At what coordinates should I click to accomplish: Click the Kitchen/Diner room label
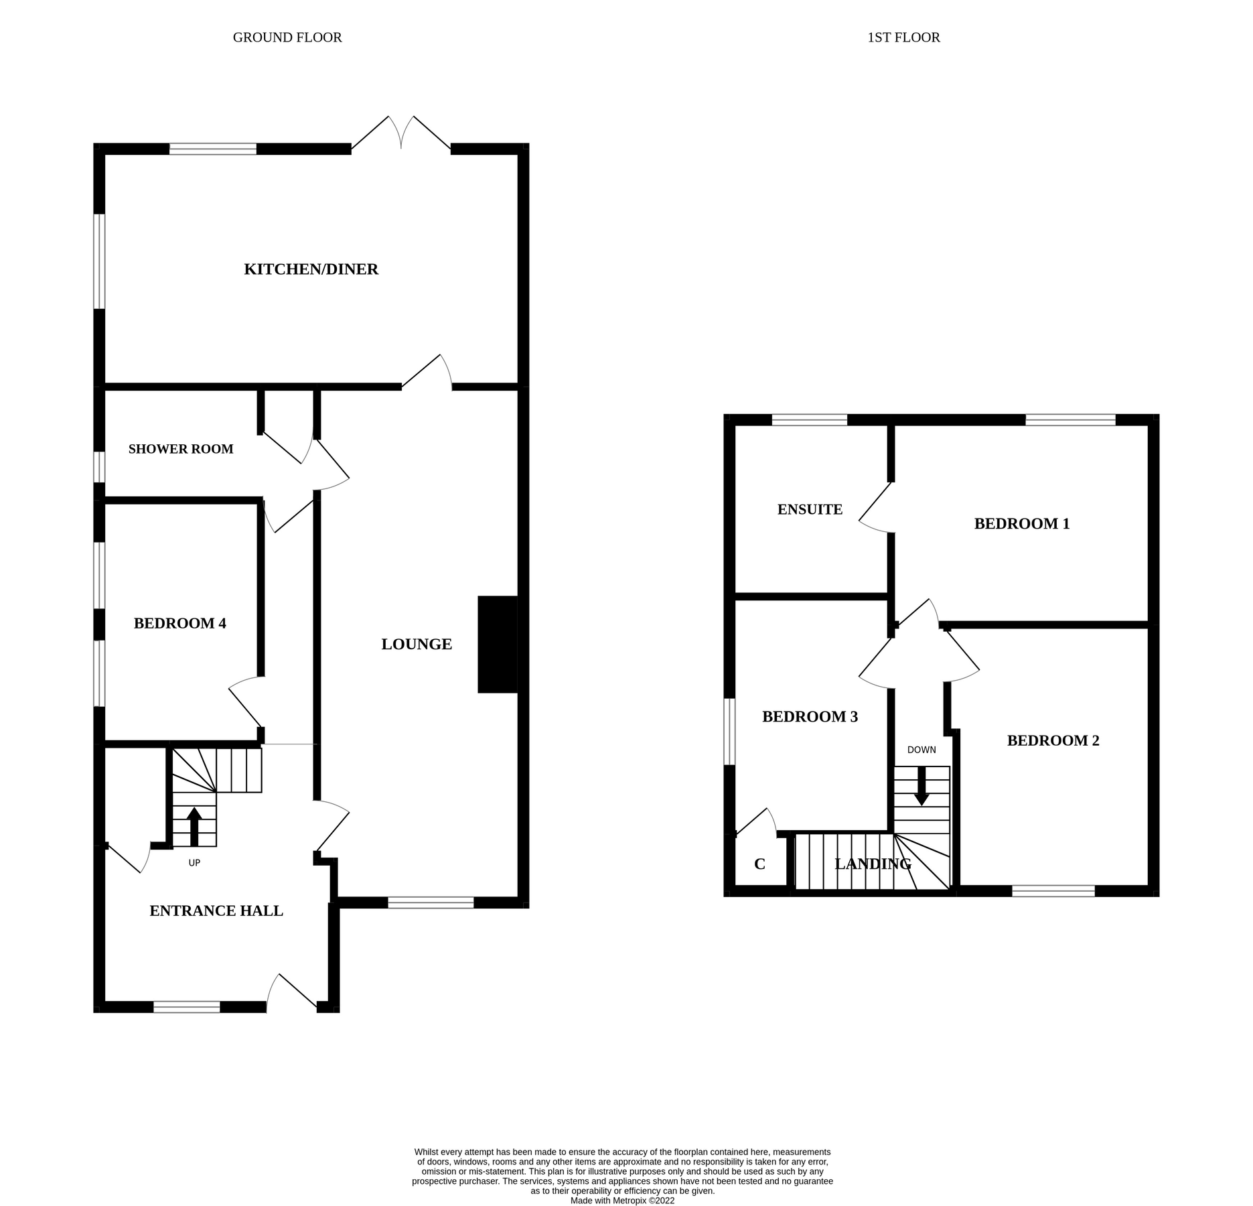(311, 269)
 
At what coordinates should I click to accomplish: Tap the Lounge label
(417, 645)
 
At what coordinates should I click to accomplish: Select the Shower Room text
(181, 449)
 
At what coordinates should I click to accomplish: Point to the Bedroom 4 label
(179, 624)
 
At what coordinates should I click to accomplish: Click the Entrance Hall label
(216, 911)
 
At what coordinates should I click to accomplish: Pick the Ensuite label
(810, 510)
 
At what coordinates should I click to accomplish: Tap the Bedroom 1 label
(1021, 524)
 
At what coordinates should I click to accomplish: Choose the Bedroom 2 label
(1053, 740)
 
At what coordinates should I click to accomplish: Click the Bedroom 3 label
(810, 717)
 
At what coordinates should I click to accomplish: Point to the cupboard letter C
(759, 864)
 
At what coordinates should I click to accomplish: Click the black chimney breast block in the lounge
(498, 645)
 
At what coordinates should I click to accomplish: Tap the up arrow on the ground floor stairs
(194, 826)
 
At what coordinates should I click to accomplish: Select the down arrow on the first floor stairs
(922, 786)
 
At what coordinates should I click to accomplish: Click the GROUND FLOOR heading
(287, 38)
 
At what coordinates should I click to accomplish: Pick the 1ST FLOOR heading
(903, 38)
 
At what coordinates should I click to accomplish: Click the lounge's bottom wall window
(431, 903)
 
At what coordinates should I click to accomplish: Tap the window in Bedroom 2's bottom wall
(1053, 891)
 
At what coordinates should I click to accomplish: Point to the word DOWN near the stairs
(922, 750)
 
